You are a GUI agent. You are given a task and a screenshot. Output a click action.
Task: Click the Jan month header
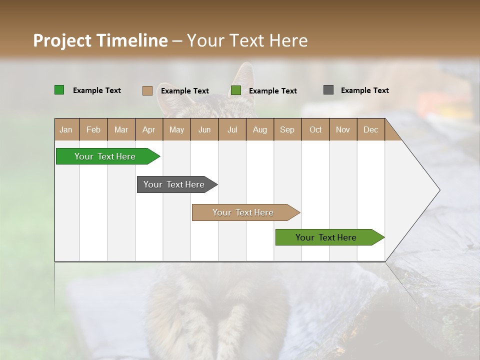pos(66,129)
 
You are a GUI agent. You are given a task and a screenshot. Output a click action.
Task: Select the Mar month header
pos(121,129)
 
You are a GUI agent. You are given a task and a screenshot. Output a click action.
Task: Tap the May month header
pos(176,129)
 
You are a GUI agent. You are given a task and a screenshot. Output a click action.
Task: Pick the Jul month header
pos(232,129)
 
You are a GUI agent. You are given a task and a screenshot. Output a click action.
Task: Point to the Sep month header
pos(287,129)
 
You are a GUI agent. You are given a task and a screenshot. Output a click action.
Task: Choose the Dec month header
pos(370,129)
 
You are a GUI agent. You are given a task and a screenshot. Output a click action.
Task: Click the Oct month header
pos(315,129)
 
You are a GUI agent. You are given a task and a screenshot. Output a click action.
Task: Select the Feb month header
pos(93,129)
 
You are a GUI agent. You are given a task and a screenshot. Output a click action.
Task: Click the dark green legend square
pos(59,90)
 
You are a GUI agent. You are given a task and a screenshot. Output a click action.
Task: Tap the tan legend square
pos(147,90)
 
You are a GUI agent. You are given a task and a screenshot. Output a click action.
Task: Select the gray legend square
pos(328,90)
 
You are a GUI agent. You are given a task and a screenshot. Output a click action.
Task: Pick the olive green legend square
pos(236,90)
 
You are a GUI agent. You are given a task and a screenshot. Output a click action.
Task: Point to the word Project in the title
pos(63,40)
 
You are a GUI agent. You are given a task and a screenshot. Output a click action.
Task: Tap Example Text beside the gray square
pos(364,90)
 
